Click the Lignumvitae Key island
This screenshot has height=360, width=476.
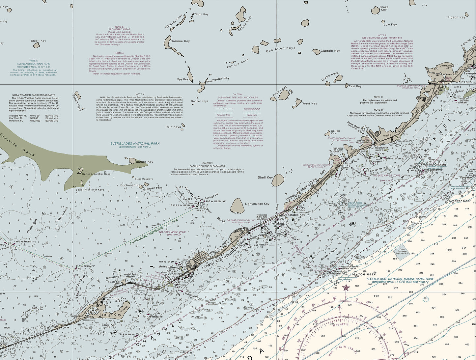237,206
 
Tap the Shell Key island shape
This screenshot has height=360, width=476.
279,180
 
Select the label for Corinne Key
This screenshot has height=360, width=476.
180,41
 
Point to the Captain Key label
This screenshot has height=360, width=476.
330,51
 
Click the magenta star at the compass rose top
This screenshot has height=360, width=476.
346,288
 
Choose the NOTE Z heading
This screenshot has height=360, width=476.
382,35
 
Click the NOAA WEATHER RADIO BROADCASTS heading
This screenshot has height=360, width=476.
34,95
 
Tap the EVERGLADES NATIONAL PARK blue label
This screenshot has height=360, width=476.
135,144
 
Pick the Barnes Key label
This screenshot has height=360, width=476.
145,162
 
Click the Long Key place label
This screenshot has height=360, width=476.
111,315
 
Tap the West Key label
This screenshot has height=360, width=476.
310,103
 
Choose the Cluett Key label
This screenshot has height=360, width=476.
39,41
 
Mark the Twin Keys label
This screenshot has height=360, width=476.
173,127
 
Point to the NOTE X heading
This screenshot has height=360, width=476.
140,94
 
